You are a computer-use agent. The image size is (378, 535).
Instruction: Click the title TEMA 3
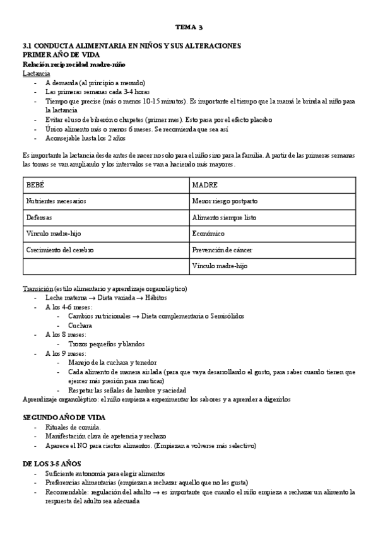[189, 28]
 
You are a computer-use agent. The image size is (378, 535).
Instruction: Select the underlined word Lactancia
[36, 73]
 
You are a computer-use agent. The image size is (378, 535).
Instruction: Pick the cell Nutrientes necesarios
[56, 201]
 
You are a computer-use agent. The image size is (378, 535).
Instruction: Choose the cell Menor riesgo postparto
[224, 201]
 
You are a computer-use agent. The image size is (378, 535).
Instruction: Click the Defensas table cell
[39, 217]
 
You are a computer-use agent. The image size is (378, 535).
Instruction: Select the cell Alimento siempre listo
[225, 217]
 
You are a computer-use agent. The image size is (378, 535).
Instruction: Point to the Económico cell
[208, 233]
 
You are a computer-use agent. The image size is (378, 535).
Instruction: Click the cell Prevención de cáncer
[222, 250]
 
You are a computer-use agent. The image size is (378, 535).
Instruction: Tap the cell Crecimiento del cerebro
[59, 250]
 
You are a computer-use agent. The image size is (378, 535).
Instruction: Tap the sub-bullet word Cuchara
[80, 325]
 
